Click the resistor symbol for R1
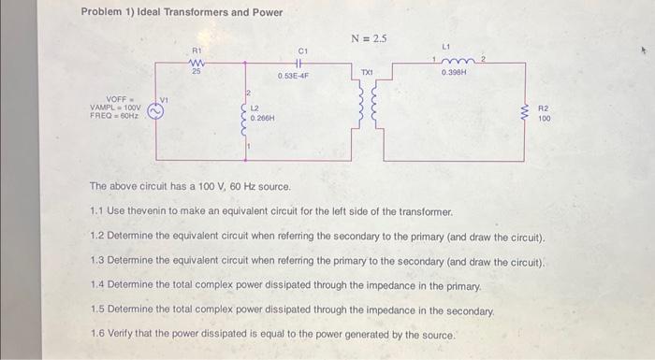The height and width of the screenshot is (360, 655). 196,62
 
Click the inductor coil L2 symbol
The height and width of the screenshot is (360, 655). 245,117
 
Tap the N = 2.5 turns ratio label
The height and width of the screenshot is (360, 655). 369,38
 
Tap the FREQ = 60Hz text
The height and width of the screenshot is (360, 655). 114,115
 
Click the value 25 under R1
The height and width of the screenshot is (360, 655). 196,71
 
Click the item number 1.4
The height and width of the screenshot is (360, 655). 97,284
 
